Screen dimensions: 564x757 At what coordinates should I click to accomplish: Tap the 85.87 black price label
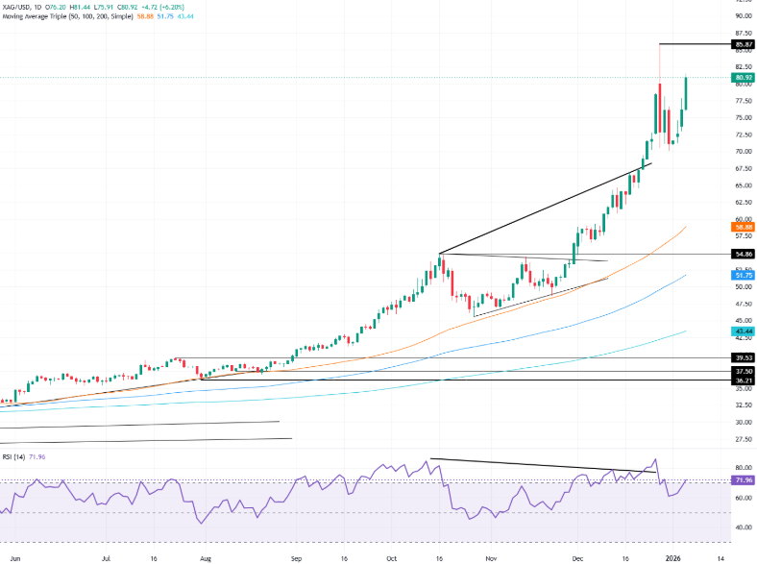click(742, 44)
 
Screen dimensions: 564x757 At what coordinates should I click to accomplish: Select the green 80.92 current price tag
click(742, 77)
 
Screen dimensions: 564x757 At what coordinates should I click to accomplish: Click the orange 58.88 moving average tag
click(742, 227)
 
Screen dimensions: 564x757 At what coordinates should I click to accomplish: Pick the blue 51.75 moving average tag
click(742, 275)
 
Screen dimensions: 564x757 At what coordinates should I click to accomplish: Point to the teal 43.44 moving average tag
click(742, 331)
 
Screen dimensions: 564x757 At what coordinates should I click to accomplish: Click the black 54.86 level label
click(742, 254)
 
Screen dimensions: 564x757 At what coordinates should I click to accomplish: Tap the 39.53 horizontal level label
click(742, 357)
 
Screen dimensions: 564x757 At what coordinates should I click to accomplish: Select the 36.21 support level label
click(742, 380)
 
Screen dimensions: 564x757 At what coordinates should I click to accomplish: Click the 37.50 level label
click(742, 371)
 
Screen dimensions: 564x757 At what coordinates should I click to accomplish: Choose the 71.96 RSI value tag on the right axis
click(742, 479)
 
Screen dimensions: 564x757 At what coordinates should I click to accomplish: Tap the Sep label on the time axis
click(297, 556)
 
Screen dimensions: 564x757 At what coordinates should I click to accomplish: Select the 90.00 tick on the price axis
click(742, 15)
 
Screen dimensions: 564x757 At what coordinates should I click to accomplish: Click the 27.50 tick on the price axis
click(742, 439)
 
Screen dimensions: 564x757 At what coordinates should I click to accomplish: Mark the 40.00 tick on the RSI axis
click(742, 527)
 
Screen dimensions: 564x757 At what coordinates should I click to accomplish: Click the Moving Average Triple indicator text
click(58, 17)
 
